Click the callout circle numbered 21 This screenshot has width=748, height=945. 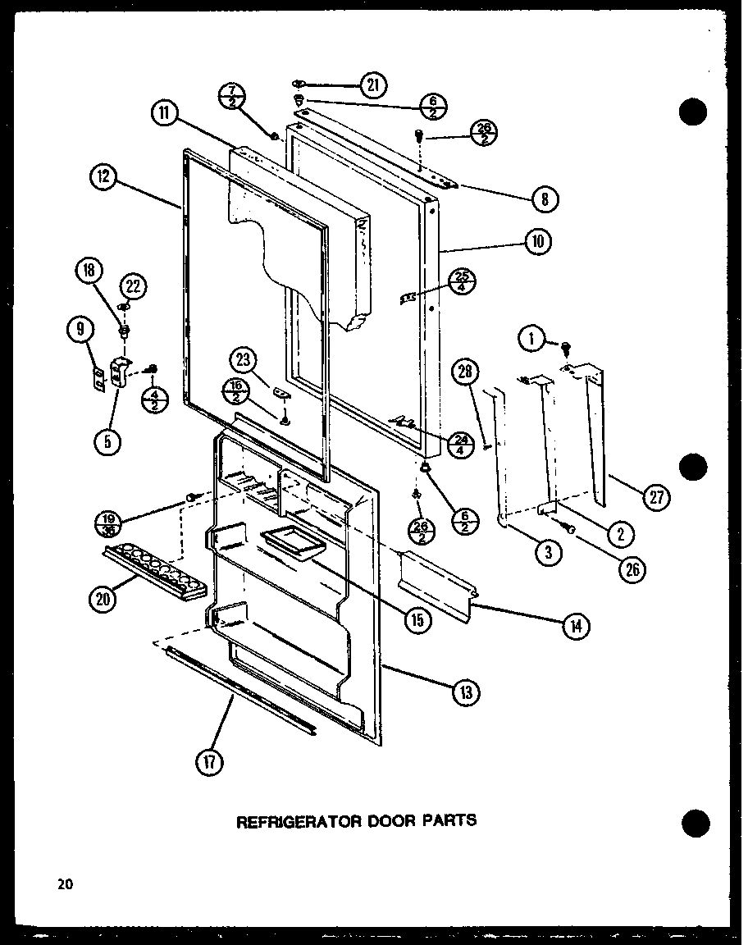[373, 84]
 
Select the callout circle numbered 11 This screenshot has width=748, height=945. [165, 113]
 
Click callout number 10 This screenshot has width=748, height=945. [538, 241]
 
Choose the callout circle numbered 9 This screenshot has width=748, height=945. [78, 331]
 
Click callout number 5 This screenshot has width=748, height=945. [107, 441]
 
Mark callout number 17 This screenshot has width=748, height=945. [210, 762]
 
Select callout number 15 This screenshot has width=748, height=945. [417, 619]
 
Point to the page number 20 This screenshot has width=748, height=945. [65, 883]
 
